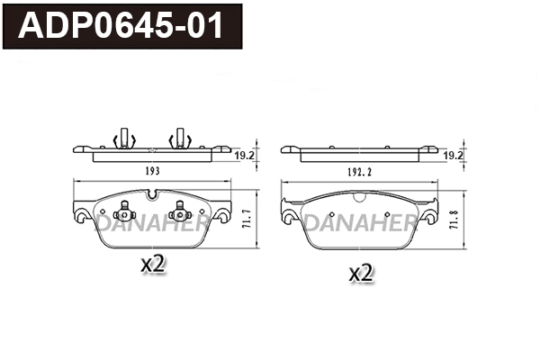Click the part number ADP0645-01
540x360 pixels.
123,26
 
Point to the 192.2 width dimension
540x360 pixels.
360,170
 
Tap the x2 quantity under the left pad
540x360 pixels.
156,264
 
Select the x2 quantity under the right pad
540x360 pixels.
360,273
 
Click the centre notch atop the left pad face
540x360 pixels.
151,193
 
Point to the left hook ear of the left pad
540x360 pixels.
82,217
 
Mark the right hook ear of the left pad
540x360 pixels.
220,217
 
